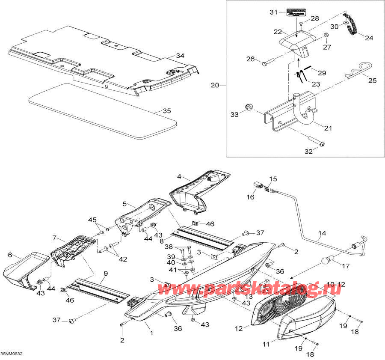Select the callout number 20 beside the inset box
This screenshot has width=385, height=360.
(x=214, y=85)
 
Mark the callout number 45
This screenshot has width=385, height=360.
(x=92, y=220)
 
